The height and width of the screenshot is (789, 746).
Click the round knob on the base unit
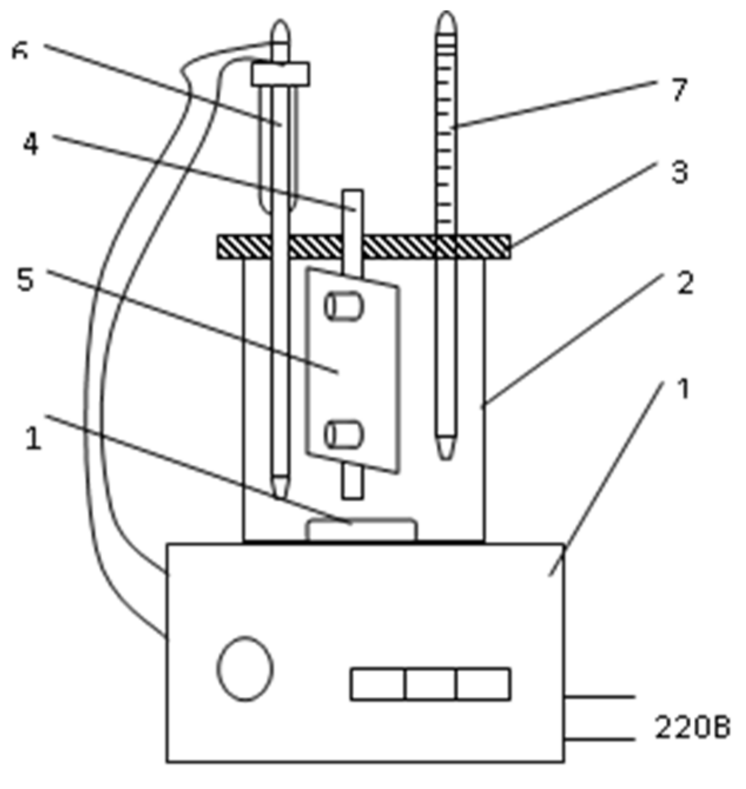pos(245,668)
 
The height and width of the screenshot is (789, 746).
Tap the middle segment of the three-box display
pos(430,684)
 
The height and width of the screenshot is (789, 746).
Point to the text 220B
pos(692,728)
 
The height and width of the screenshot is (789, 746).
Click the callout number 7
pos(678,90)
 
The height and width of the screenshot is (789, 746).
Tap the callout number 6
pos(20,53)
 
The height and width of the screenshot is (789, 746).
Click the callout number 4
pos(30,145)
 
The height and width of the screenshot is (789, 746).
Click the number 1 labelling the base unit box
pos(683,389)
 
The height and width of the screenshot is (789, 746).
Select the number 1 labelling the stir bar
pos(33,438)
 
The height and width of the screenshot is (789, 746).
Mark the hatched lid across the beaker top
pos(363,246)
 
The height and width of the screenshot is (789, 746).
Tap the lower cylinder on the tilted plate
pos(344,434)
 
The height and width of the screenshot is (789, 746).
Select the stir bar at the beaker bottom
pos(361,530)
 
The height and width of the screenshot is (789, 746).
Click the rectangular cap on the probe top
pos(281,74)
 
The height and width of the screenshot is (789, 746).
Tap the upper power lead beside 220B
pos(599,696)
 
